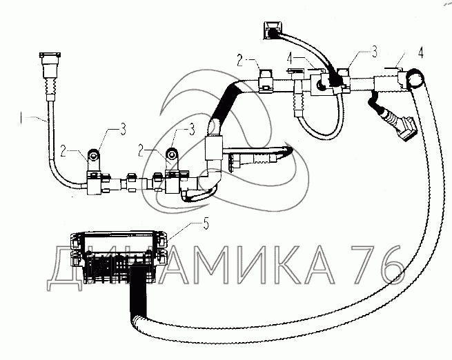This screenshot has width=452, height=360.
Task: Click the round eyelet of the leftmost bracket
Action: pyautogui.click(x=93, y=155)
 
